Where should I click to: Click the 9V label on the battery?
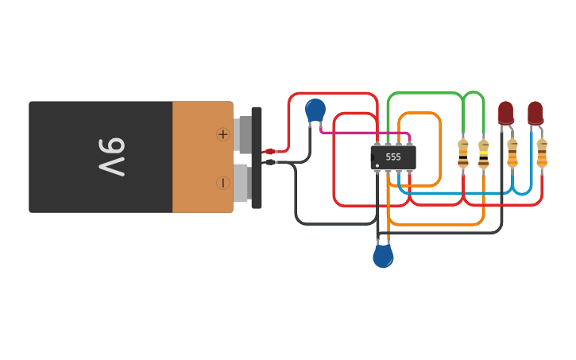pyautogui.click(x=112, y=157)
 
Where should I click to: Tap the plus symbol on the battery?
pyautogui.click(x=222, y=134)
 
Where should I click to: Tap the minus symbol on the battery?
pyautogui.click(x=222, y=183)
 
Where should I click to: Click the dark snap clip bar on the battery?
pyautogui.click(x=257, y=157)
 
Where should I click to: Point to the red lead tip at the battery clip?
pyautogui.click(x=269, y=151)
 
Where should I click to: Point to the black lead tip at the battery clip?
pyautogui.click(x=269, y=162)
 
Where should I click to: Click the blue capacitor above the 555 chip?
pyautogui.click(x=315, y=110)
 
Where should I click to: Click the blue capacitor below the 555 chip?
pyautogui.click(x=383, y=256)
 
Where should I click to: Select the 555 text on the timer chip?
pyautogui.click(x=393, y=157)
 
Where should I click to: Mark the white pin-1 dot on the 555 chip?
pyautogui.click(x=377, y=165)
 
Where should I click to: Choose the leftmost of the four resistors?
pyautogui.click(x=463, y=153)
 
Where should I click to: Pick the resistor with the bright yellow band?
pyautogui.click(x=483, y=153)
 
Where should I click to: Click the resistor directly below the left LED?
pyautogui.click(x=512, y=153)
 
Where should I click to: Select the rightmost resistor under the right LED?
pyautogui.click(x=542, y=153)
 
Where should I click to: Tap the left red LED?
pyautogui.click(x=506, y=112)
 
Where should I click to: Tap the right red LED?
pyautogui.click(x=535, y=112)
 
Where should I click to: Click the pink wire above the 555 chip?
pyautogui.click(x=365, y=133)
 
